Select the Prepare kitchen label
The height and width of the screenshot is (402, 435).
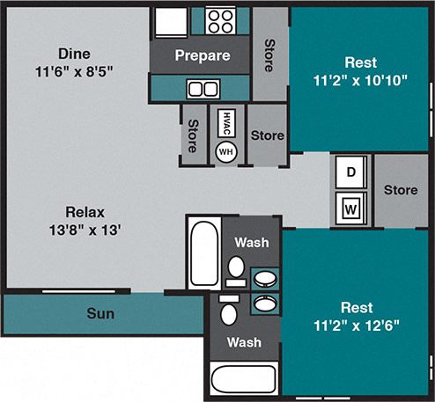(x=202, y=56)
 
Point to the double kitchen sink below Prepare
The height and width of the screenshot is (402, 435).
(x=203, y=88)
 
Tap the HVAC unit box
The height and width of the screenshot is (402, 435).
(x=225, y=123)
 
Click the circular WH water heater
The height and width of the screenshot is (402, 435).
(x=225, y=151)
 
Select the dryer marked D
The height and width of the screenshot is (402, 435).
(x=350, y=172)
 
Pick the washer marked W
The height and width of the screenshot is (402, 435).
(x=350, y=209)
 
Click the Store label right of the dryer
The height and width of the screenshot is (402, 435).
(x=401, y=190)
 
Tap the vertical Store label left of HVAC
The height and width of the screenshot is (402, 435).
(x=191, y=135)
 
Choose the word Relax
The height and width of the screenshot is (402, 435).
(x=85, y=212)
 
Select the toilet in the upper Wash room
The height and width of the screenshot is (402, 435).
(x=236, y=267)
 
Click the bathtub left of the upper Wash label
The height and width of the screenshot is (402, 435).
(x=203, y=251)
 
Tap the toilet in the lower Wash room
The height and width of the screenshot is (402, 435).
(x=229, y=312)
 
